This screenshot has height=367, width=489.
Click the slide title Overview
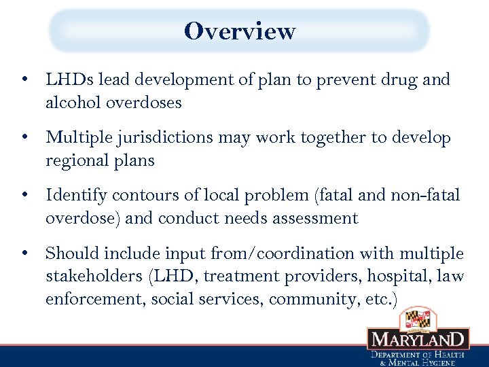coord(240,31)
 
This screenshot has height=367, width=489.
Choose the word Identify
coord(76,196)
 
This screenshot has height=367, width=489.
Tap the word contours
coord(143,196)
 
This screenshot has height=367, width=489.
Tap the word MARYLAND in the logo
coord(418,340)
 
